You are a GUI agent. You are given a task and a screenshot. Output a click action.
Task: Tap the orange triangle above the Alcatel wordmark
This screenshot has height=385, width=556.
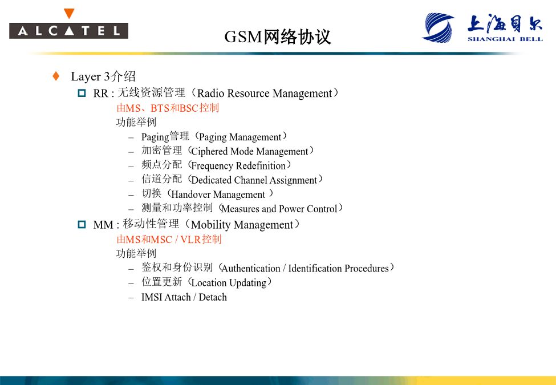pyautogui.click(x=69, y=14)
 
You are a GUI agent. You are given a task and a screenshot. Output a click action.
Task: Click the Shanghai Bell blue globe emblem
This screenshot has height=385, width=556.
pyautogui.click(x=439, y=27)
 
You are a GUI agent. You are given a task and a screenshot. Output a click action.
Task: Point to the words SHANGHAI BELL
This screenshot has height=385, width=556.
pyautogui.click(x=505, y=39)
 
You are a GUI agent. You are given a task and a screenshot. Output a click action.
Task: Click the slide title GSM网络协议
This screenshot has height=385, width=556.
pyautogui.click(x=278, y=37)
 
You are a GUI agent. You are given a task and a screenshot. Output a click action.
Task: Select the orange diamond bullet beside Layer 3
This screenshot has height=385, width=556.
pyautogui.click(x=56, y=76)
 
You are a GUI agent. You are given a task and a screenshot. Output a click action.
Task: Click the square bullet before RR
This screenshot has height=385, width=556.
pyautogui.click(x=82, y=93)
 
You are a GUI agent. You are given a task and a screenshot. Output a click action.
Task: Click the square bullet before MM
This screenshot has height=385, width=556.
pyautogui.click(x=82, y=224)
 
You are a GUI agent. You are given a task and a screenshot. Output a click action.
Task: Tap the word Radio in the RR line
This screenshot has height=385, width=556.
pyautogui.click(x=210, y=93)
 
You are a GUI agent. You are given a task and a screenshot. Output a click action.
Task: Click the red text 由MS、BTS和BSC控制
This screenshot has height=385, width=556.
pyautogui.click(x=168, y=108)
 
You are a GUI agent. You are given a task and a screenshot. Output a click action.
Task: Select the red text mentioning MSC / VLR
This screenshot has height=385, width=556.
pyautogui.click(x=169, y=240)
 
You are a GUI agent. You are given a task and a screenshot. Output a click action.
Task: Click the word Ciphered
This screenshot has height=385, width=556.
pyautogui.click(x=209, y=151)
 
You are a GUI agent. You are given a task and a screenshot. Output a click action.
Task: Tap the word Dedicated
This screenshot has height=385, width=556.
pyautogui.click(x=211, y=180)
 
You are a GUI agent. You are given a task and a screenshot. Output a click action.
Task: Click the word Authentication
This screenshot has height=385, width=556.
pyautogui.click(x=251, y=269)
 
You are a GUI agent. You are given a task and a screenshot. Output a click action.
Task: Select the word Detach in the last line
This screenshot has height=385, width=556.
pyautogui.click(x=212, y=297)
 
